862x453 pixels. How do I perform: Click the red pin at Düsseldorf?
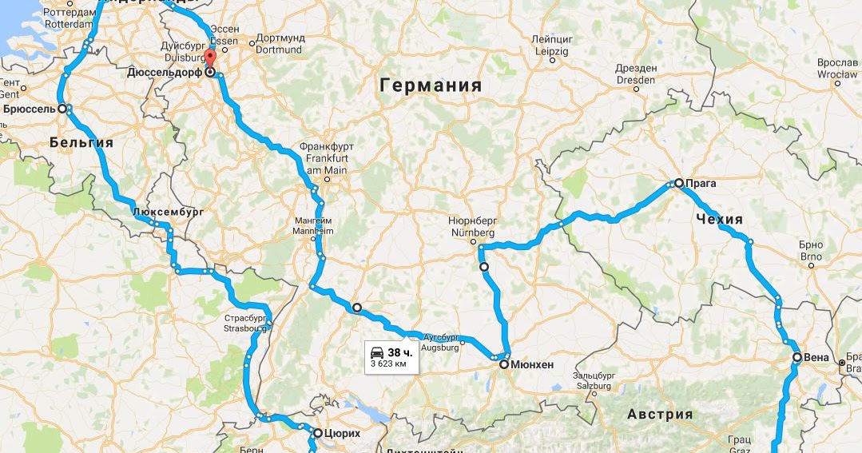(210, 59)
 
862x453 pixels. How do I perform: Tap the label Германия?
(431, 85)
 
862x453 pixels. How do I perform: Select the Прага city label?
(701, 183)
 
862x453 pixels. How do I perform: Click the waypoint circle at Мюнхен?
(504, 364)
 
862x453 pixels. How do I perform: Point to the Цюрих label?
(343, 433)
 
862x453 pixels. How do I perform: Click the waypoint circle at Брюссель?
(62, 108)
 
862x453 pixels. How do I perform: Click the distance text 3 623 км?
(394, 364)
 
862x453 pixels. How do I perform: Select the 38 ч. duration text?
(400, 352)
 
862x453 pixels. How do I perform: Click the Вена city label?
(816, 357)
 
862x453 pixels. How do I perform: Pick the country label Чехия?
(719, 219)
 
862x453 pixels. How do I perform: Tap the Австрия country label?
(660, 414)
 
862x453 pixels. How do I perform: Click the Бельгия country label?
(81, 143)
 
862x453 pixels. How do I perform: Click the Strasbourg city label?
(243, 328)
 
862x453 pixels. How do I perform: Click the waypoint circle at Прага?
(678, 183)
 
